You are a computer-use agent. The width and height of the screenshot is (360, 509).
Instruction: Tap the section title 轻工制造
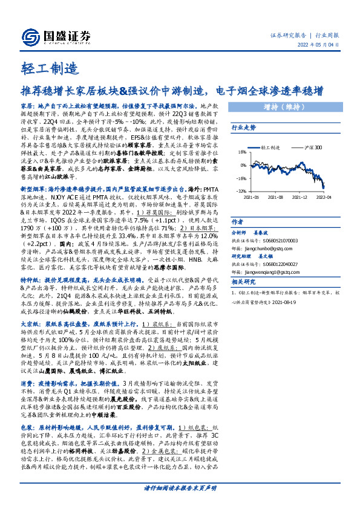44,68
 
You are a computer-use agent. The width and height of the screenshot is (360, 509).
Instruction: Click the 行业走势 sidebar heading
244,128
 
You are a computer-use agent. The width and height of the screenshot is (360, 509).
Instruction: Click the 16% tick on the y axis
241,152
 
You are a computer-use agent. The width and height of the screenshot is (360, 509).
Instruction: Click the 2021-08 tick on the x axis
275,196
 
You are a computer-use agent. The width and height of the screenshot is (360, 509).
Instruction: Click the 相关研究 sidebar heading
244,282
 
